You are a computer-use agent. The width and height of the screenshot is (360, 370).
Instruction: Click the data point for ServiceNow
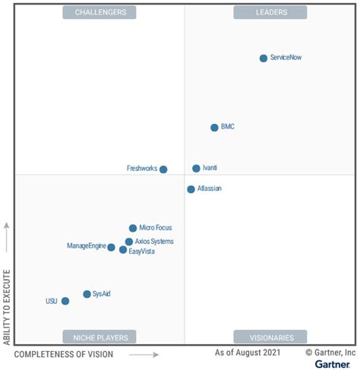pos(264,58)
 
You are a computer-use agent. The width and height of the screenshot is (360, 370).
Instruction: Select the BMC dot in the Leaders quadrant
pos(214,128)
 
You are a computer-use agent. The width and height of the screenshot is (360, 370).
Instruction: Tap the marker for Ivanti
pos(196,169)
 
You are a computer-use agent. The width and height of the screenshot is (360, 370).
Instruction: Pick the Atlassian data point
pos(191,189)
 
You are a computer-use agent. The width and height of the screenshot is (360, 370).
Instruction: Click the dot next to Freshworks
pos(163,169)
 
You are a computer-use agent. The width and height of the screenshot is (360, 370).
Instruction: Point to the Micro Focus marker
pos(133,228)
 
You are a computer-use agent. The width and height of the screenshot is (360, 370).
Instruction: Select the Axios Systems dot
pos(129,242)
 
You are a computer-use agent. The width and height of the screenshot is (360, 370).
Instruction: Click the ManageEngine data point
pos(111,247)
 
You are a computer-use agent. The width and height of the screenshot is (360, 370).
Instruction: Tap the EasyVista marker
pos(123,249)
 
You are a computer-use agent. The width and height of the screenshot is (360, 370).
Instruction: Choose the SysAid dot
pos(87,294)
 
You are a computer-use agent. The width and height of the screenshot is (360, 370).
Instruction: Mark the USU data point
pos(65,301)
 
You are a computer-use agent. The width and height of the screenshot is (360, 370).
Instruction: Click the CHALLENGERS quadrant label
pos(100,12)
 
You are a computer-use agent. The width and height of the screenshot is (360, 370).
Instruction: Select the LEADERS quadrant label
pos(270,12)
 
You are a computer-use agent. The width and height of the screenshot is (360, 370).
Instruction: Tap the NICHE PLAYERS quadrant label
pos(100,337)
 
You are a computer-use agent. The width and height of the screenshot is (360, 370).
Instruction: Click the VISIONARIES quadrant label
pos(270,337)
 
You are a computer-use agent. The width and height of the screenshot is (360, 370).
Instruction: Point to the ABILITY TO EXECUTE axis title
pos(7,306)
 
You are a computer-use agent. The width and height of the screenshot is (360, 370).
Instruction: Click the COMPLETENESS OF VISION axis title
pos(64,354)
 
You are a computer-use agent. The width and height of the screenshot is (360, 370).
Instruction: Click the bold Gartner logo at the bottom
pos(331,364)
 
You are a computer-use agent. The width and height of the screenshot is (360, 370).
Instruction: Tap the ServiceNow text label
pos(286,58)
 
